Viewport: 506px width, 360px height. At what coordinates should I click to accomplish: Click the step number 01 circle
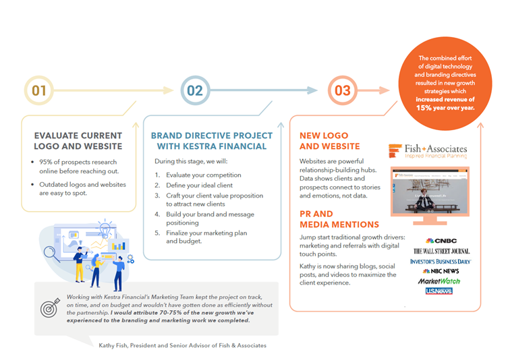[x=39, y=90]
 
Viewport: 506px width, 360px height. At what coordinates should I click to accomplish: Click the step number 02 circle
[x=194, y=90]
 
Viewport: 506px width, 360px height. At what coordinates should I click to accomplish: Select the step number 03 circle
[x=343, y=90]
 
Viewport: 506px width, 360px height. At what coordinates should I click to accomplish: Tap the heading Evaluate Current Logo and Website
[x=78, y=141]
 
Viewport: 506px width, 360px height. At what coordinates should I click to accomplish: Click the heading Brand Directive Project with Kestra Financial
[x=208, y=141]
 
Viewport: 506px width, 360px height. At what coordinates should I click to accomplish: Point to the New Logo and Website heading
[x=330, y=141]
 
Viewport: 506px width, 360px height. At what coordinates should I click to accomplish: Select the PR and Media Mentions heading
[x=339, y=218]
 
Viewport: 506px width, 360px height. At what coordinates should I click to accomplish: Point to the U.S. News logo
[x=439, y=291]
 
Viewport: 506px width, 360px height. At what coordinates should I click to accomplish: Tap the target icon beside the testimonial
[x=51, y=308]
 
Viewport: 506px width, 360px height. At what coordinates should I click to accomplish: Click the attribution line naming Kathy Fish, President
[x=181, y=345]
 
